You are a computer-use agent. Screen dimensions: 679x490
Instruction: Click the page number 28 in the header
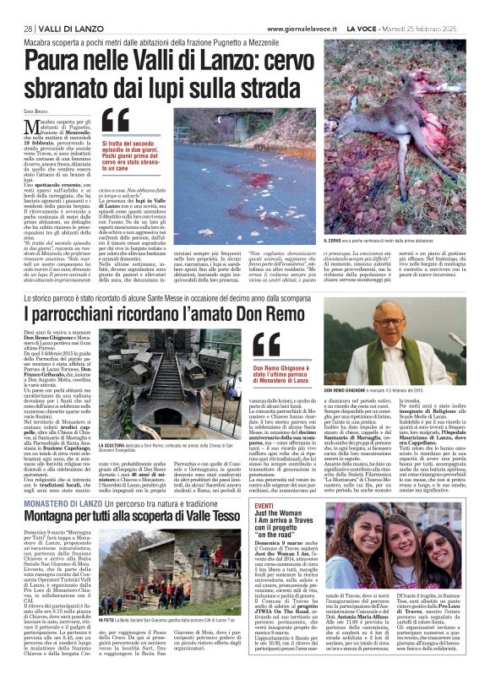(x=27, y=30)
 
